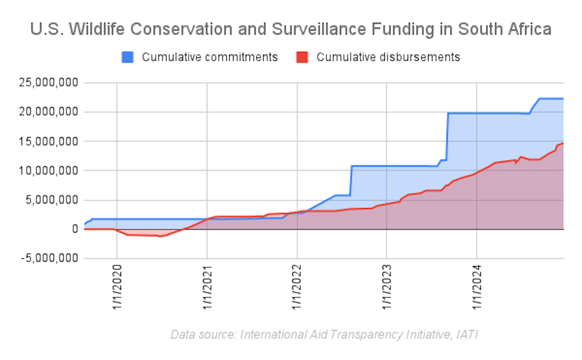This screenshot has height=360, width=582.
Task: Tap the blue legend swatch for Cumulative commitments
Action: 128,57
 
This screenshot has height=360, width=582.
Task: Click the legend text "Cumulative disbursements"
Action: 388,57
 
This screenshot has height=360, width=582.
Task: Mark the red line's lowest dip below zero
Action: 160,236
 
